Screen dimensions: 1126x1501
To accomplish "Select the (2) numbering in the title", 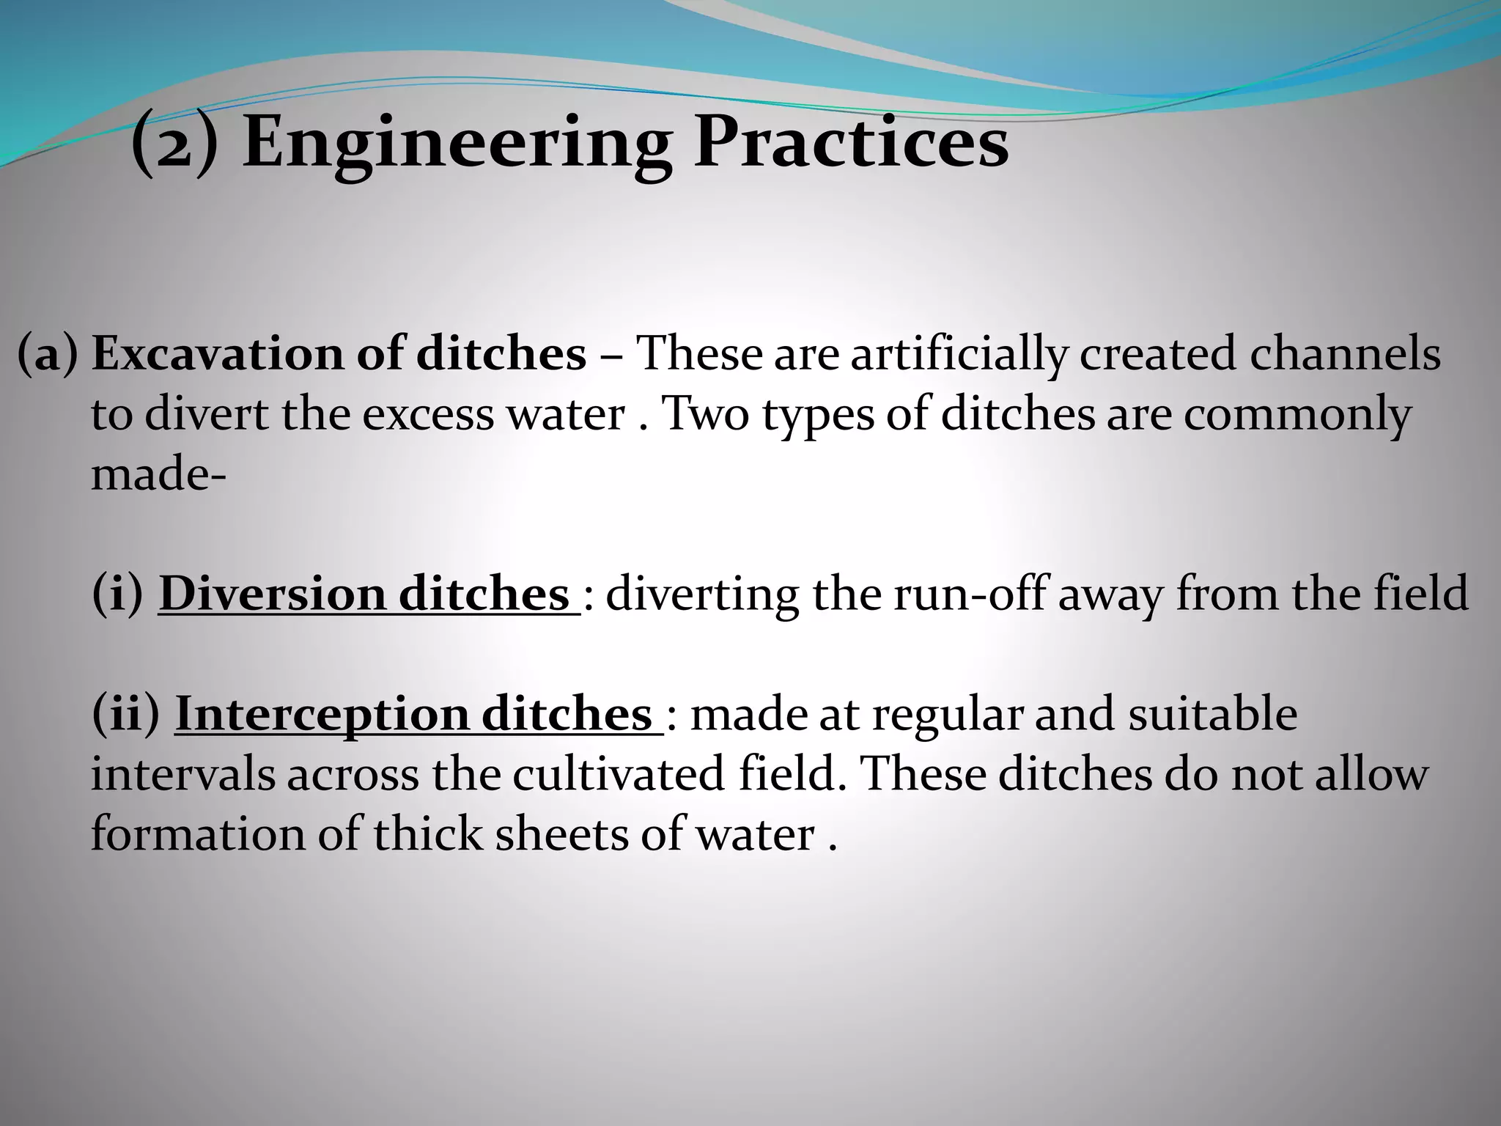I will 174,142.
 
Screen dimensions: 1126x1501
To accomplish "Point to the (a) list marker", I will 48,355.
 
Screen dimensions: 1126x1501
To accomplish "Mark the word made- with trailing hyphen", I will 158,475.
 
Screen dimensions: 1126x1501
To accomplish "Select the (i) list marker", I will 117,595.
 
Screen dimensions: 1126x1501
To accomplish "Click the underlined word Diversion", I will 271,595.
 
